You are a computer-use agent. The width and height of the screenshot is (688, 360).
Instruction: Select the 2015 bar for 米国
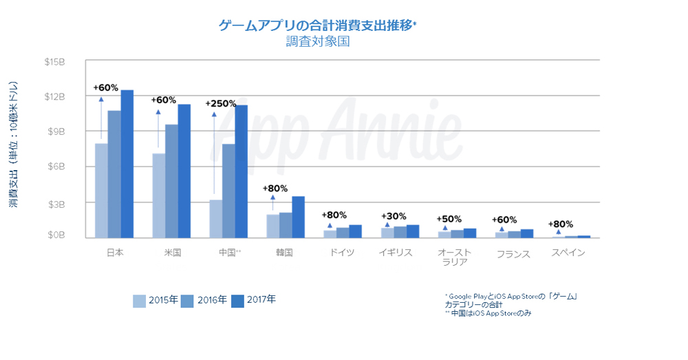(158, 195)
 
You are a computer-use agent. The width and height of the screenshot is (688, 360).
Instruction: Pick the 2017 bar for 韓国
(298, 217)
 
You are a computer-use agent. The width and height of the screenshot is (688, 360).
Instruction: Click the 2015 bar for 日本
(101, 191)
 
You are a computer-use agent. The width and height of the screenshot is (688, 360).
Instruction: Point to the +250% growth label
(221, 103)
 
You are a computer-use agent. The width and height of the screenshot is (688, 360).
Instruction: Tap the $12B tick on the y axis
(54, 96)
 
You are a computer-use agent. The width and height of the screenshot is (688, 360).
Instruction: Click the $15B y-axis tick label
(54, 62)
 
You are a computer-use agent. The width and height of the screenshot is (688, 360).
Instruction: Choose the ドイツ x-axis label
(342, 253)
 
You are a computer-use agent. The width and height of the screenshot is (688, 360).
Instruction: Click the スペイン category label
(568, 253)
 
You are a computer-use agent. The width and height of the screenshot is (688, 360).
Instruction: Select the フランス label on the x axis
(513, 254)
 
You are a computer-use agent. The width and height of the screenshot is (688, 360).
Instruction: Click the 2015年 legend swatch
(139, 301)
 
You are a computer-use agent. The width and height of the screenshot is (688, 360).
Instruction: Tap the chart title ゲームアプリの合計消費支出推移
(317, 26)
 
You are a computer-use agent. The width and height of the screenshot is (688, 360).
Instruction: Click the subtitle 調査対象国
(319, 42)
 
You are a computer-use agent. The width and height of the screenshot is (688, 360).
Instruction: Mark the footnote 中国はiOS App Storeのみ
(488, 313)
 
